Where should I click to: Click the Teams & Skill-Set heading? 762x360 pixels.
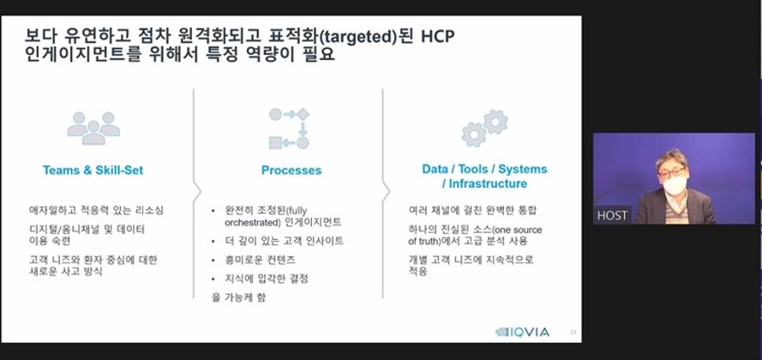93,170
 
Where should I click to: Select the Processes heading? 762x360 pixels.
291,170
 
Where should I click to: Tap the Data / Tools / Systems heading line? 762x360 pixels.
484,169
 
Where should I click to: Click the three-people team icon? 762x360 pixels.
93,129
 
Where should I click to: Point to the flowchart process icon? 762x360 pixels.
289,129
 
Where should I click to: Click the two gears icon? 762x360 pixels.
484,128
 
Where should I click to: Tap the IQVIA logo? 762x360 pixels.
522,333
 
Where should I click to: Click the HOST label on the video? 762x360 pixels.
612,215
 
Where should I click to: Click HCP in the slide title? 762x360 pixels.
438,37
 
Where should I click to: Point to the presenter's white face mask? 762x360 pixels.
675,185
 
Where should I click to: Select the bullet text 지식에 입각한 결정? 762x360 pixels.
267,279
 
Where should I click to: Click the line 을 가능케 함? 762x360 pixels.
238,297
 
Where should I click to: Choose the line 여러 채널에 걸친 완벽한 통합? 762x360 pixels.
472,210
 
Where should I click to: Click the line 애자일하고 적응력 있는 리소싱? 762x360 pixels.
96,210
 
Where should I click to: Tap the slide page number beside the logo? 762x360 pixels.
573,333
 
